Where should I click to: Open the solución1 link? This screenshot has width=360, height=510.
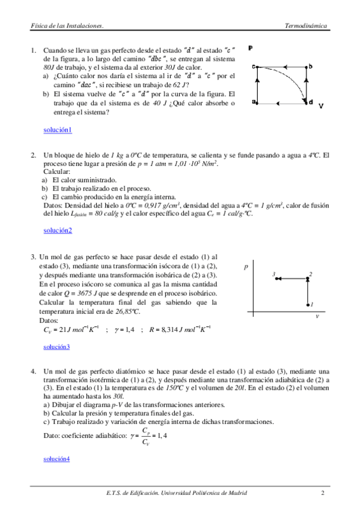(x=58, y=130)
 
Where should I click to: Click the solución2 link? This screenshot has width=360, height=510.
(x=58, y=230)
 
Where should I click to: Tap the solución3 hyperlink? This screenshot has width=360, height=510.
(x=56, y=347)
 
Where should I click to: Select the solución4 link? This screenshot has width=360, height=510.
(x=56, y=459)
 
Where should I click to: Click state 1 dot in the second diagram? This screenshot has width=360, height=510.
(x=308, y=305)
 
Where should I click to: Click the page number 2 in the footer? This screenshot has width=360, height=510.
(x=323, y=494)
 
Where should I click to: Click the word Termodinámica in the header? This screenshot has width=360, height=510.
(x=306, y=26)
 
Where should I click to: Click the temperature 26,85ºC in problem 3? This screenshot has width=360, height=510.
(x=127, y=312)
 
